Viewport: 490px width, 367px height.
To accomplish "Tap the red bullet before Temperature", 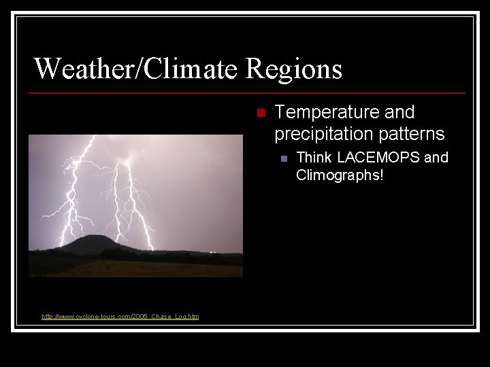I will (x=259, y=113).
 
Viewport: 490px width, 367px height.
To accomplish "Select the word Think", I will (x=314, y=158).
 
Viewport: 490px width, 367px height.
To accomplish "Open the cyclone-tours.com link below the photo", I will (x=120, y=317).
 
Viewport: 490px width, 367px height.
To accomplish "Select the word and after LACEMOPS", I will (x=436, y=158).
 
